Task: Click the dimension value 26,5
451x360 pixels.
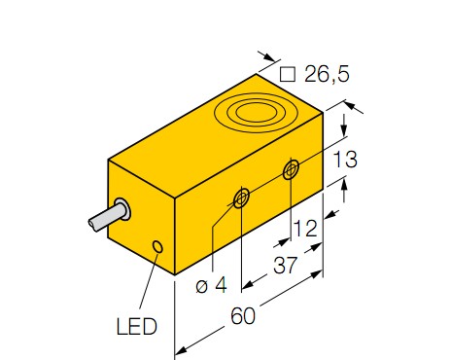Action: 327,74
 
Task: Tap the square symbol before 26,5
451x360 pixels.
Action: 288,74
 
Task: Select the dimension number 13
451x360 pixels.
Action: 345,160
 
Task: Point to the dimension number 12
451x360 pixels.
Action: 305,229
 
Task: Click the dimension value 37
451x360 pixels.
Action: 285,265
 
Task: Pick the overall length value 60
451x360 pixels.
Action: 243,315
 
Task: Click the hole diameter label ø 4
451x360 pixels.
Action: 211,285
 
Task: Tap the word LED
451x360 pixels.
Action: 136,326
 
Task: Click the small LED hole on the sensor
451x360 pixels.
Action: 158,246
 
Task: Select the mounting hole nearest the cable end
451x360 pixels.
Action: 241,198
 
